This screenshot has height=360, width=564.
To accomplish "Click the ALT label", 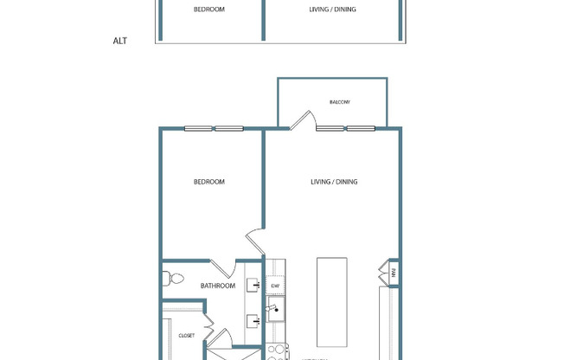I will (x=120, y=41).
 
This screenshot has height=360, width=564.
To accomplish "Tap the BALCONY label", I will (x=340, y=102).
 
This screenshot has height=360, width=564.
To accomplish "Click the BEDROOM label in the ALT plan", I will (x=208, y=10).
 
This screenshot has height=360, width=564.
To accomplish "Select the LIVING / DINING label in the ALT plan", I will (x=333, y=10).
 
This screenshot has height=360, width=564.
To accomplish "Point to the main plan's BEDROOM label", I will (x=208, y=182).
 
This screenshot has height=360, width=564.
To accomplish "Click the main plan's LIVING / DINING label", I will (x=334, y=182).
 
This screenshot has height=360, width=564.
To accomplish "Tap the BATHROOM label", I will (x=217, y=286).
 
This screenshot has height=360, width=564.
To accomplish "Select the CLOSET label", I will (x=186, y=336).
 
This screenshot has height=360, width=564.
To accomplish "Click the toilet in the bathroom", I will (x=173, y=279).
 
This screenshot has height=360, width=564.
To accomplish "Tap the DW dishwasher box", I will (x=276, y=286).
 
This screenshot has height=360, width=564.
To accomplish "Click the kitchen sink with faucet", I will (x=276, y=309).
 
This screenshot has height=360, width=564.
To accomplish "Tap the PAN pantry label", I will (x=393, y=273).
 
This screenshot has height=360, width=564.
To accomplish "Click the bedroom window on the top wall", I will (x=214, y=129).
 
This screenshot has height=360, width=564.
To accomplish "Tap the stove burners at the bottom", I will (x=276, y=351).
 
